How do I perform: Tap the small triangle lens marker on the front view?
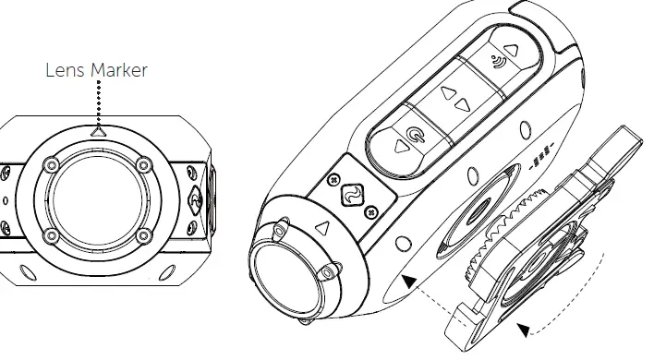(x=99, y=132)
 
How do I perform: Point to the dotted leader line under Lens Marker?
(x=98, y=103)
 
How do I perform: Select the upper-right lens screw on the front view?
(x=141, y=165)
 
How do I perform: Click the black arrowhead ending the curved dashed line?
(x=525, y=329)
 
